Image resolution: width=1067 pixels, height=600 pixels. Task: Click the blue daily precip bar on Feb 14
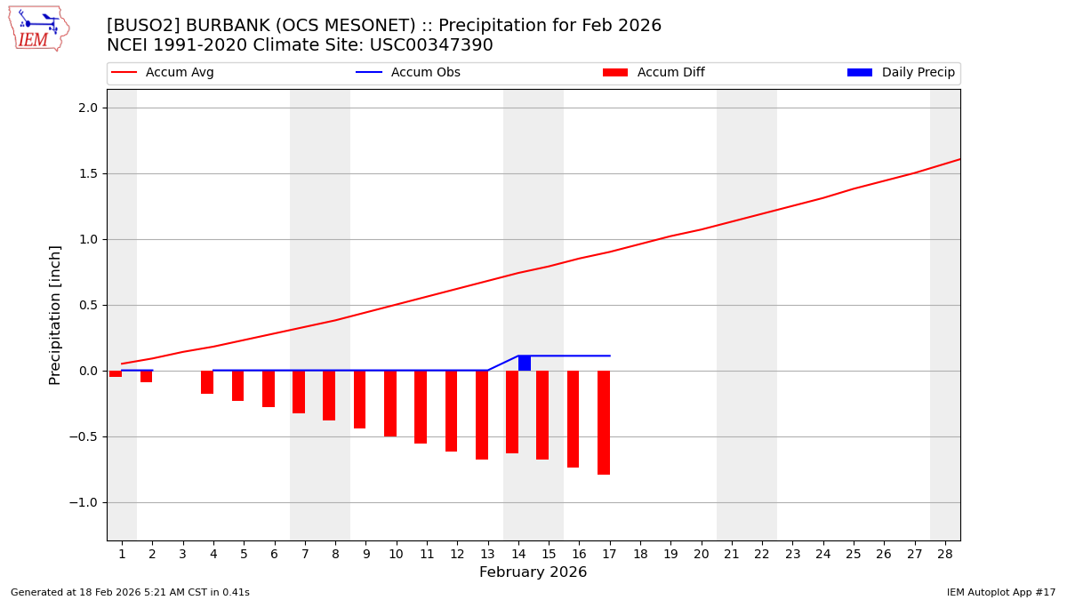[x=525, y=363]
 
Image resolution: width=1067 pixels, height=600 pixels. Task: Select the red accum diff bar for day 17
[x=604, y=422]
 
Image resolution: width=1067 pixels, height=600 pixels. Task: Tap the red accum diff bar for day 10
[x=390, y=403]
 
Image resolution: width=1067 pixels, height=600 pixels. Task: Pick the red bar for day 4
[x=207, y=382]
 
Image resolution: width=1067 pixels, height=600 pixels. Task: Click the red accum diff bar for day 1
[x=116, y=373]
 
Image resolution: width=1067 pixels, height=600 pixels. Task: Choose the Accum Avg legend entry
[x=163, y=73]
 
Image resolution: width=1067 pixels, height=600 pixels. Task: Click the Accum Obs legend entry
[x=408, y=73]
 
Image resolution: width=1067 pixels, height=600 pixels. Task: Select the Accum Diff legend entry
[x=654, y=73]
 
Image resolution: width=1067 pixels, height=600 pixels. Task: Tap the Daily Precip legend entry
[x=901, y=73]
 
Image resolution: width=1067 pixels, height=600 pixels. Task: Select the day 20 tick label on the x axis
[x=701, y=554]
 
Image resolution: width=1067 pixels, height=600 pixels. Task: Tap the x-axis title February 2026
[x=533, y=572]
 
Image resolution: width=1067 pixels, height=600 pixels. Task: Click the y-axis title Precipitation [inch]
[x=55, y=315]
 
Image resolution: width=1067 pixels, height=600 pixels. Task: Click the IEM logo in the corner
[x=38, y=28]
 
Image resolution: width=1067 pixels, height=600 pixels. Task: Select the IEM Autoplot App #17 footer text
[x=1000, y=592]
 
